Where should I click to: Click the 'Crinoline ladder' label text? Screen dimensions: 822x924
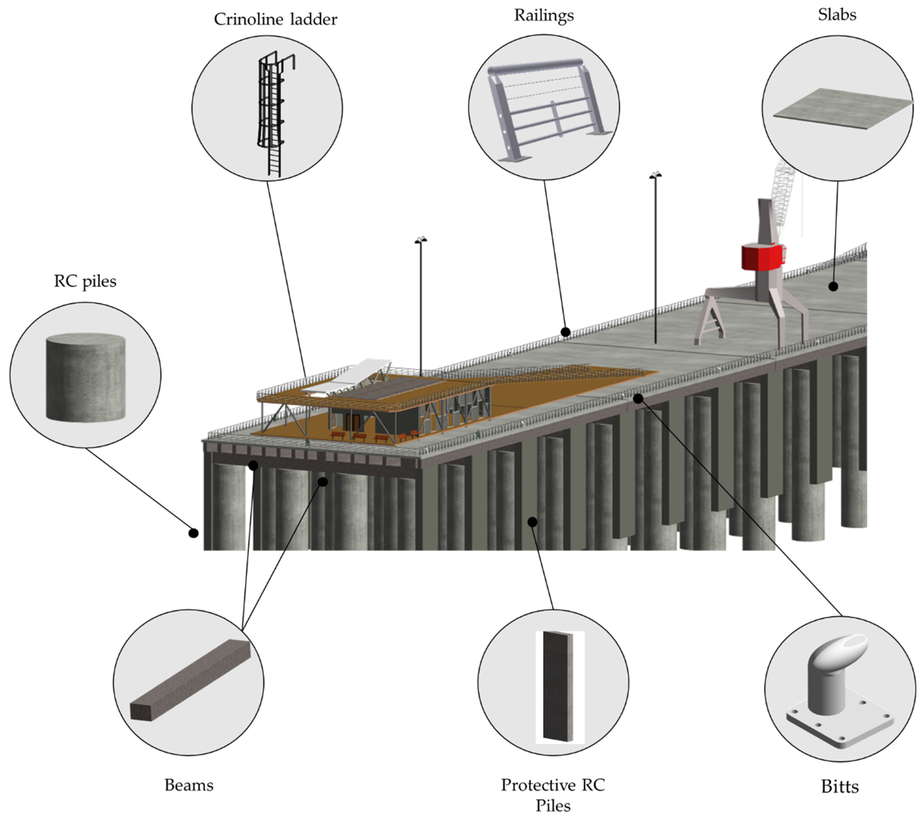point(275,19)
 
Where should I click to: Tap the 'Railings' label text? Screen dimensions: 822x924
point(544,15)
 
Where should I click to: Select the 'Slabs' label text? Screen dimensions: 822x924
point(837,15)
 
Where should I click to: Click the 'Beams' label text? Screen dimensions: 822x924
point(189,785)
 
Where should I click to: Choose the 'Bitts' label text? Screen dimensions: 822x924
point(840,787)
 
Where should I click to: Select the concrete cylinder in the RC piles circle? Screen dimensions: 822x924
point(86,378)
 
